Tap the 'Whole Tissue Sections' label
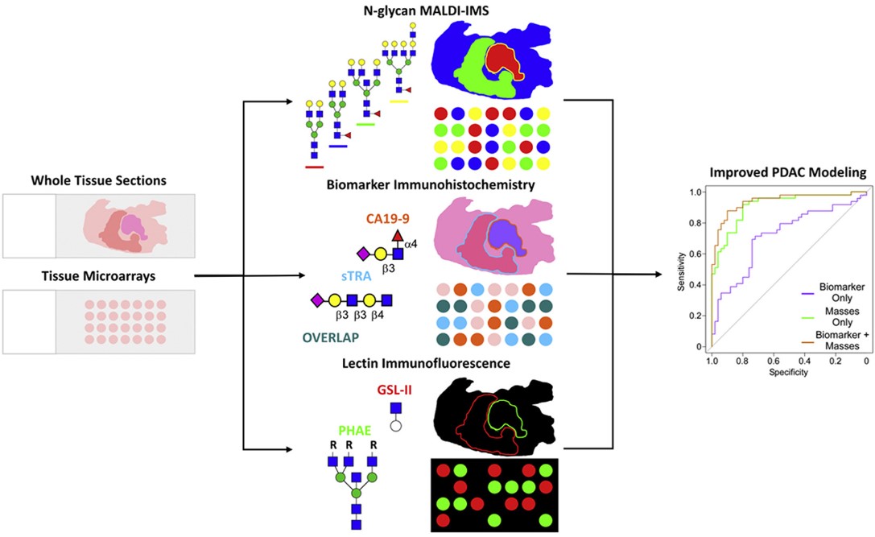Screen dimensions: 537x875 [x=98, y=180]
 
